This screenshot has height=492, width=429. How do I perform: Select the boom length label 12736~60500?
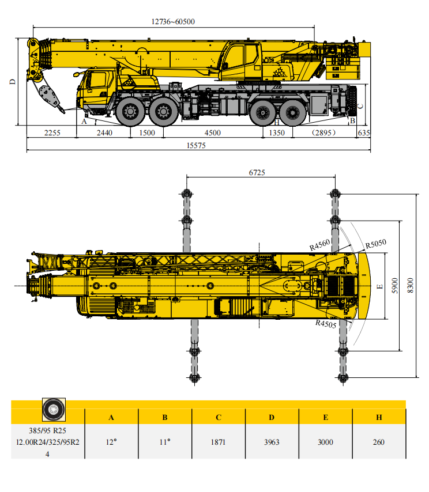173,22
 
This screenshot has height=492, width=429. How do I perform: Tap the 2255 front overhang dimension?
52,133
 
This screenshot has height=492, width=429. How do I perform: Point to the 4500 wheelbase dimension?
213,133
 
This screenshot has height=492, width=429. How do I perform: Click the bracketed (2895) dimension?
324,133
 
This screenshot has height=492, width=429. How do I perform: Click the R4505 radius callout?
326,323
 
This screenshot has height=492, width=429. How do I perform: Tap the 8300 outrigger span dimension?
410,284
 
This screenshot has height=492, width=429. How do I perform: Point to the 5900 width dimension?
394,284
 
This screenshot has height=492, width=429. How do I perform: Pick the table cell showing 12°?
111,442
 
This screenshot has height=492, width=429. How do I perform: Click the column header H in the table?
379,418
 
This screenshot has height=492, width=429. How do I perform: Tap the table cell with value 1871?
218,442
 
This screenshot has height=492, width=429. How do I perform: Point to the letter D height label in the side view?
12,82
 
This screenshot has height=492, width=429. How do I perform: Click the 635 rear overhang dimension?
364,133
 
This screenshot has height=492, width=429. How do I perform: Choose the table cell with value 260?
378,442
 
